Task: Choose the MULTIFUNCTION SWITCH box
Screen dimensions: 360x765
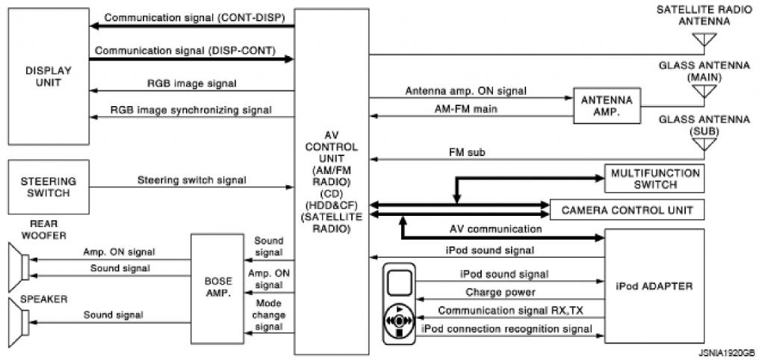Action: point(654,179)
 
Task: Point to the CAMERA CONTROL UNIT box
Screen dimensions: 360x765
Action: point(627,211)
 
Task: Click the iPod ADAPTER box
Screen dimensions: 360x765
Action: point(654,286)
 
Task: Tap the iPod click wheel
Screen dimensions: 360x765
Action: point(400,319)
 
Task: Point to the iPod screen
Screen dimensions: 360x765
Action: point(400,283)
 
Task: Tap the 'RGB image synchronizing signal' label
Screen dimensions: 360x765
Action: point(191,110)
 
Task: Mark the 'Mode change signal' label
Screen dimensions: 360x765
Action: point(268,315)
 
